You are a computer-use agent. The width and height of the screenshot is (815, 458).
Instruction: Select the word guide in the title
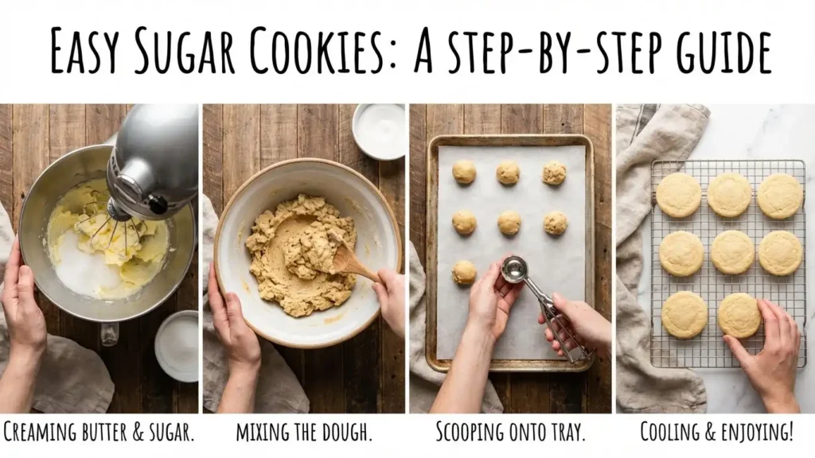709,52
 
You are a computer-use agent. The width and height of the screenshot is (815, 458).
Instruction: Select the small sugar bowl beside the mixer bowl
176,346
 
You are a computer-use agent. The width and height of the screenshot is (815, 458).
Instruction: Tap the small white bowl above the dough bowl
379,131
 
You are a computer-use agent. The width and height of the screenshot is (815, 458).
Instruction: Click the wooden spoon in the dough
351,258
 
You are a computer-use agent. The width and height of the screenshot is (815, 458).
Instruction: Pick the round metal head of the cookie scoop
514,270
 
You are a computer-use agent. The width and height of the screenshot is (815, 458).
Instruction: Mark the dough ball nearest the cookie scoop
464,272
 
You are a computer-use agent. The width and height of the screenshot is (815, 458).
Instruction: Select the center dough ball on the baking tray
509,223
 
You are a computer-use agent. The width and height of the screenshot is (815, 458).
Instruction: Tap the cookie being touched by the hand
739,316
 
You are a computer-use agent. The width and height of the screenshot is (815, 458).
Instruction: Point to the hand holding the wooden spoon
391,298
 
